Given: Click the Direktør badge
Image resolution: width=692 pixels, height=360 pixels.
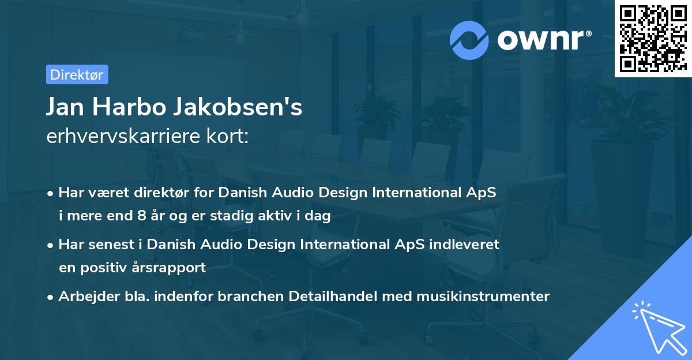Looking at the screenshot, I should point(77,74).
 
